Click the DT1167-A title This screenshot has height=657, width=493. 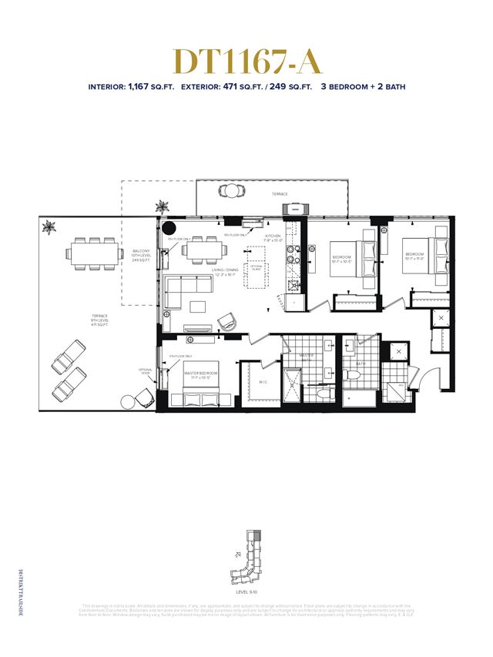pyautogui.click(x=246, y=61)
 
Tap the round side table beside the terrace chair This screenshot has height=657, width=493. pyautogui.click(x=127, y=402)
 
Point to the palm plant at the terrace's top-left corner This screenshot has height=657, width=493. pyautogui.click(x=50, y=226)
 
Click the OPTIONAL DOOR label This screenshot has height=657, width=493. pyautogui.click(x=146, y=371)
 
